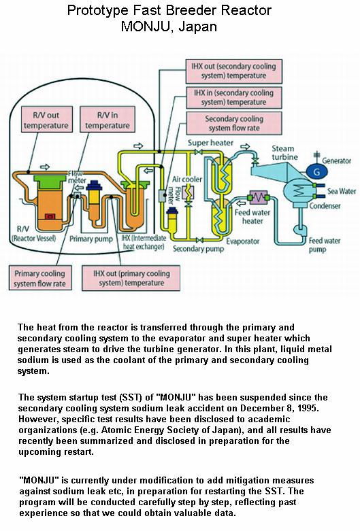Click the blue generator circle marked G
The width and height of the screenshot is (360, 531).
coord(316,171)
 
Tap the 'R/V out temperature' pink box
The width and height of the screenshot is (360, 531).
coord(46,120)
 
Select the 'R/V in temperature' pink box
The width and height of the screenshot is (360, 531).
coord(107,120)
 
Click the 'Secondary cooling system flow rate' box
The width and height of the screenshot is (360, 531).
coord(234,123)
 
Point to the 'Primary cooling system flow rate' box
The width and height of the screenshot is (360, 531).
coord(40,278)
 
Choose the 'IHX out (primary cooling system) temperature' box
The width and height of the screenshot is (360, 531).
coord(131,277)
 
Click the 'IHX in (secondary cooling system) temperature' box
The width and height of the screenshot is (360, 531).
coord(233,97)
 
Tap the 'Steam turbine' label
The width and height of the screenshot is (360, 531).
coord(284,153)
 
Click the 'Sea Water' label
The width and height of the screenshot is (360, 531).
coord(342,191)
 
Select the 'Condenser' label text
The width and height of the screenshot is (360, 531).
coord(325,205)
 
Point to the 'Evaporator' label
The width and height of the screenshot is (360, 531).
coord(243,241)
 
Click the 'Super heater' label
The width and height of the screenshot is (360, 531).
coord(210,143)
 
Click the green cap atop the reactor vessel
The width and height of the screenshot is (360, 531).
coord(50,182)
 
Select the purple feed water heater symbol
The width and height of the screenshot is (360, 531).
coord(258,197)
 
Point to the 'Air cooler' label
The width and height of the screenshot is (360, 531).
coord(186,179)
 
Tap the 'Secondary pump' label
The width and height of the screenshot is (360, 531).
coord(198,249)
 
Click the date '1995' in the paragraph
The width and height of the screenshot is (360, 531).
coord(307,408)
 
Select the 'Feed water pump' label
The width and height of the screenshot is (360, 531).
coord(324,245)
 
